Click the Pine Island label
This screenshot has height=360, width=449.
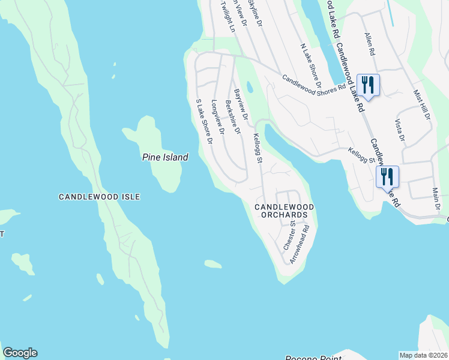[x=165, y=157]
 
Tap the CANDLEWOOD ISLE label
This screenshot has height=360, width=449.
[x=99, y=196]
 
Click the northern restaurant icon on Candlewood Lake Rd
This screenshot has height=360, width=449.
[x=368, y=85]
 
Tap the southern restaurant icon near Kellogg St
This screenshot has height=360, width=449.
[x=387, y=177]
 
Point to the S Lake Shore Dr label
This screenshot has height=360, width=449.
[x=205, y=122]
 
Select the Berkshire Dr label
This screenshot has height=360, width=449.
[x=232, y=116]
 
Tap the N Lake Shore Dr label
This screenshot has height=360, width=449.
[x=310, y=65]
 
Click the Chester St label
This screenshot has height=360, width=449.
[x=289, y=235]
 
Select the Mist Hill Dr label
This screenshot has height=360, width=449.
[x=422, y=105]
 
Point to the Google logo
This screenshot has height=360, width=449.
[x=20, y=353]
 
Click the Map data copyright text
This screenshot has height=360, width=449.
[x=423, y=355]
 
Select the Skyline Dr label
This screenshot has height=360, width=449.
[x=256, y=12]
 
